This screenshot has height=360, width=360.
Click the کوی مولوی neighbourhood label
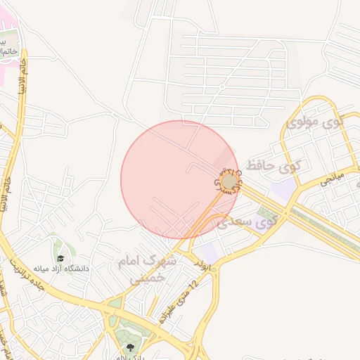coord(316,123)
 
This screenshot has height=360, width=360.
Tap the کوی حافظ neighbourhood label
coord(270,167)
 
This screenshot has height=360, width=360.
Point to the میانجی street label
coord(330,181)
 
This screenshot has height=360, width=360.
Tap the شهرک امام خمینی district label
coord(152,269)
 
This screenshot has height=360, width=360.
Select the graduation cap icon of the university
coord(60,258)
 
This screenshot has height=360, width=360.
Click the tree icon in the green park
coord(129,347)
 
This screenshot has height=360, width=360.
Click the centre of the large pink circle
coord(180,180)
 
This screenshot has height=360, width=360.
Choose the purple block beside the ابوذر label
coord(208,252)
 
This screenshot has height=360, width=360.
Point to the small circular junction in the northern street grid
coord(221,86)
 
